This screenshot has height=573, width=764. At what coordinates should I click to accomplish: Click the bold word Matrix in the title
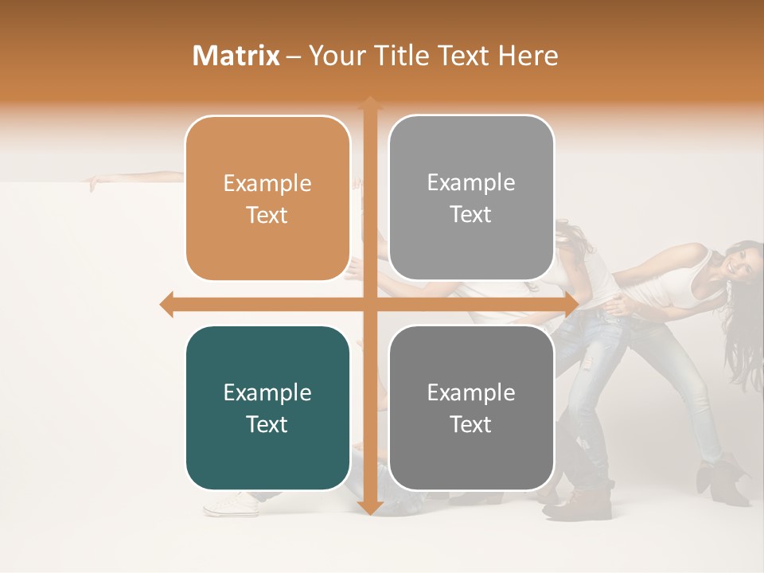point(236,56)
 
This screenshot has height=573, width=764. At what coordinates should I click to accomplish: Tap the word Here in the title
point(528,56)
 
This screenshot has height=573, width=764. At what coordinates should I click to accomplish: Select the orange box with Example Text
point(267,198)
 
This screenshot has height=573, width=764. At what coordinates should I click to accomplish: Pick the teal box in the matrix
point(267,408)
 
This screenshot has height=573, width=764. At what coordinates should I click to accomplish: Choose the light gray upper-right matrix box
point(471,197)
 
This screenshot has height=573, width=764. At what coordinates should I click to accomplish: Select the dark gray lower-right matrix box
point(471,408)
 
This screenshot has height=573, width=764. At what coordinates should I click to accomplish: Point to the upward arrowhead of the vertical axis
point(369,103)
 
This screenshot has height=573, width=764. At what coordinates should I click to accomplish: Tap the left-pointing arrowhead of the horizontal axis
point(167,304)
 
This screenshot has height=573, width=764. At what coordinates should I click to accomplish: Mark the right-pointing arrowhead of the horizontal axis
point(571,304)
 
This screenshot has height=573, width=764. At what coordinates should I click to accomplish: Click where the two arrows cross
point(369,304)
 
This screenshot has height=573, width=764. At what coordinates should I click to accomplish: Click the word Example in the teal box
point(267,393)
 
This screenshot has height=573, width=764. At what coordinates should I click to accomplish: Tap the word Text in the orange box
point(267,215)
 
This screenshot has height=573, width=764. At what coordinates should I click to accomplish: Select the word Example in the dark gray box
point(471,393)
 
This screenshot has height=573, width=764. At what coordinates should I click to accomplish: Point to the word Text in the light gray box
point(471,214)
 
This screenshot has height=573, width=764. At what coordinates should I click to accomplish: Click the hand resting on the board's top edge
point(95,184)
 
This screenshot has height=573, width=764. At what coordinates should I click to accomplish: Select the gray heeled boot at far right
point(719,481)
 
